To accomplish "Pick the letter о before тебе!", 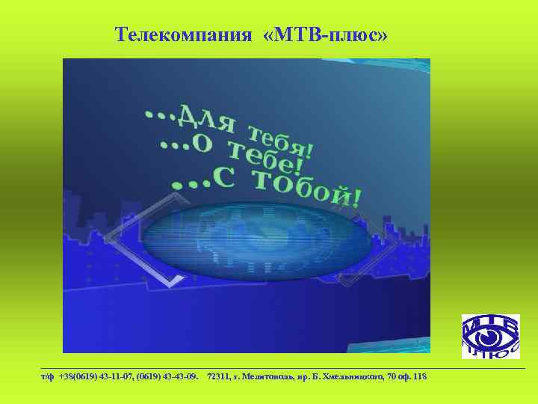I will coord(201,143).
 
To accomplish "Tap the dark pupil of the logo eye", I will coord(490,339).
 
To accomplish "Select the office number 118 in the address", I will coord(419,376).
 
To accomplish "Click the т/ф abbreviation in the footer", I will coord(48,376).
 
